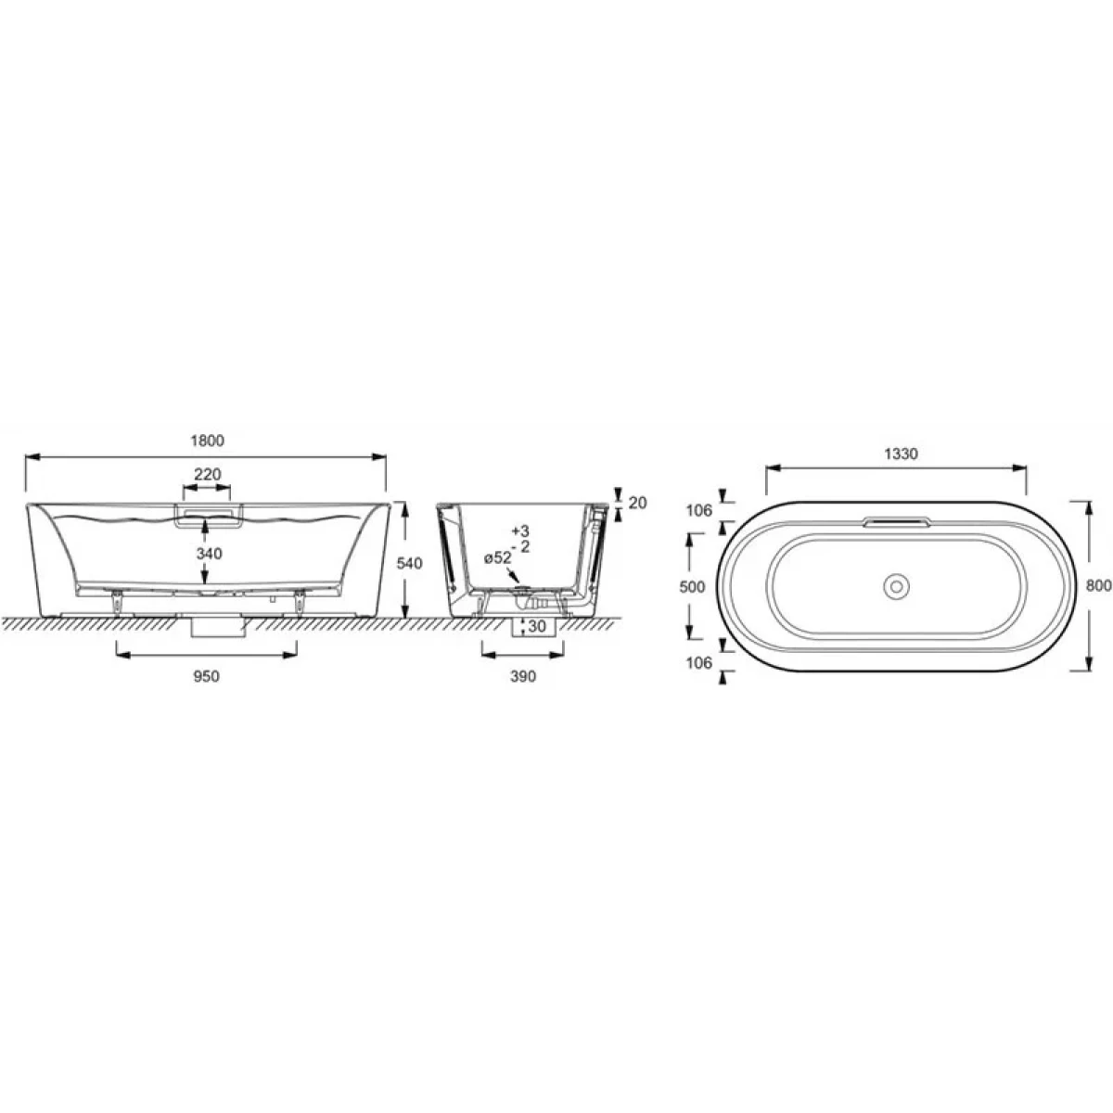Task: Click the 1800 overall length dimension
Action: (x=208, y=441)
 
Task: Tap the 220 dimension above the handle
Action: (x=208, y=474)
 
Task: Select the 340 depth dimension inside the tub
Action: (x=209, y=554)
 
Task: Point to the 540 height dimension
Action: (x=410, y=563)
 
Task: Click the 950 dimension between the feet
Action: (x=206, y=676)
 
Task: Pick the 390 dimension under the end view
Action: (x=523, y=676)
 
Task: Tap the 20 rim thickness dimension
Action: (x=637, y=503)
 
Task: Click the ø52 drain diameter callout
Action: (x=498, y=558)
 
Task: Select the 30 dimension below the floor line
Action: (x=537, y=626)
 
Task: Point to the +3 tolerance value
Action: (x=519, y=531)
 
